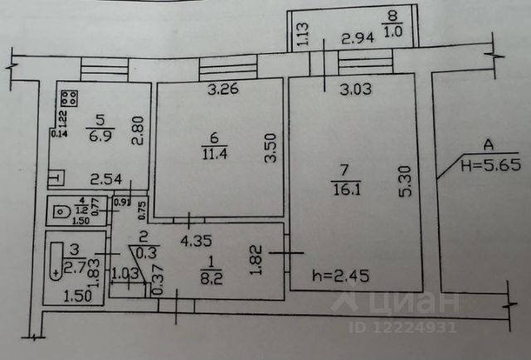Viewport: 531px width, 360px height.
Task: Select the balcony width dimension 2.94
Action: tap(359, 37)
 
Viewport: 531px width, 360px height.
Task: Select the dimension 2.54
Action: tap(107, 178)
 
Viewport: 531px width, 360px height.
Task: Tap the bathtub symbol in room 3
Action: tap(55, 261)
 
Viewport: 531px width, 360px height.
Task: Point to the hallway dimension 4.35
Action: tap(196, 241)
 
